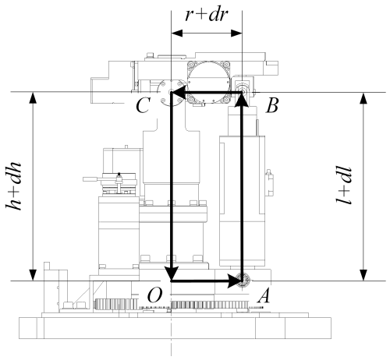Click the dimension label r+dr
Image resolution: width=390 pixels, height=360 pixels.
point(207,15)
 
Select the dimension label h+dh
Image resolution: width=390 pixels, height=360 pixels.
point(13,186)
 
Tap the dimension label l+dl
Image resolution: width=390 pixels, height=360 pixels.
point(344,185)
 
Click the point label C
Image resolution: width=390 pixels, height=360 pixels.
point(143,106)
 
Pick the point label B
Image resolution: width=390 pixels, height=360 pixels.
point(272,105)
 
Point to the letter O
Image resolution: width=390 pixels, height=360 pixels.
point(154,295)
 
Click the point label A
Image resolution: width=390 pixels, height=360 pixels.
point(264,296)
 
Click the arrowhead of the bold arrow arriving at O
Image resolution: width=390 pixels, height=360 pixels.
point(171,273)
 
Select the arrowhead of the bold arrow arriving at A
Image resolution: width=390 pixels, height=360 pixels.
point(234,281)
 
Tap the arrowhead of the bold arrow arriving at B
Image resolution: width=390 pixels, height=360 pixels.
point(242,99)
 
